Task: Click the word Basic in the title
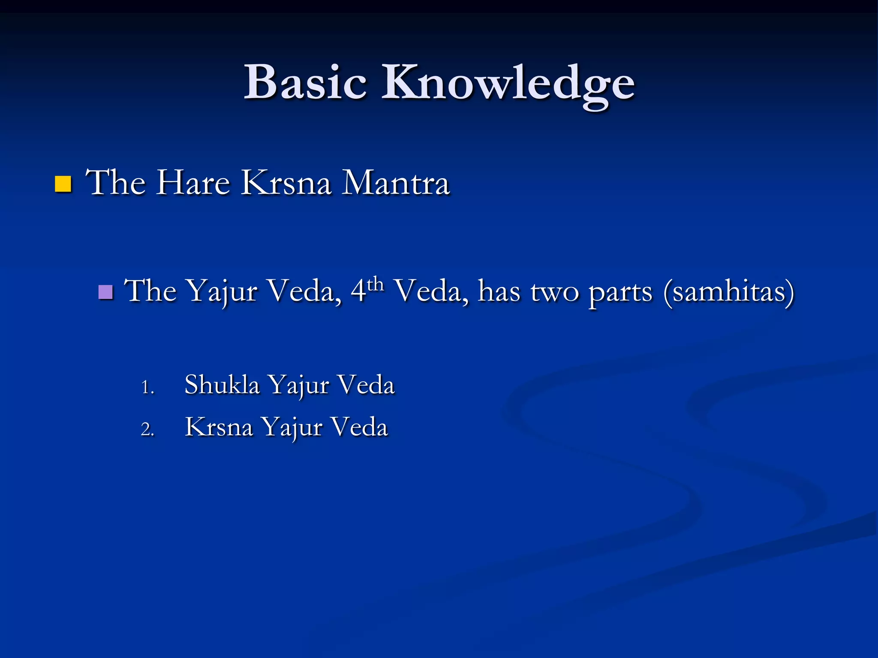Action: point(305,82)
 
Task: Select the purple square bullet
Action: point(105,292)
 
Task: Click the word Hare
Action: point(193,183)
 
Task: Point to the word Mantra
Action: point(395,183)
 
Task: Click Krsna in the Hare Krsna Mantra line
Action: point(286,183)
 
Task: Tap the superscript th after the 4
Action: point(376,284)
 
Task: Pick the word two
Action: point(555,292)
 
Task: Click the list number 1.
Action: point(147,387)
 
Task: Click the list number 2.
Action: point(147,429)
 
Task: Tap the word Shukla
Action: point(222,384)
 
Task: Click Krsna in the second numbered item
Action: point(219,427)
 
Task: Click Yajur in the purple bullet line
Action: point(223,292)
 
